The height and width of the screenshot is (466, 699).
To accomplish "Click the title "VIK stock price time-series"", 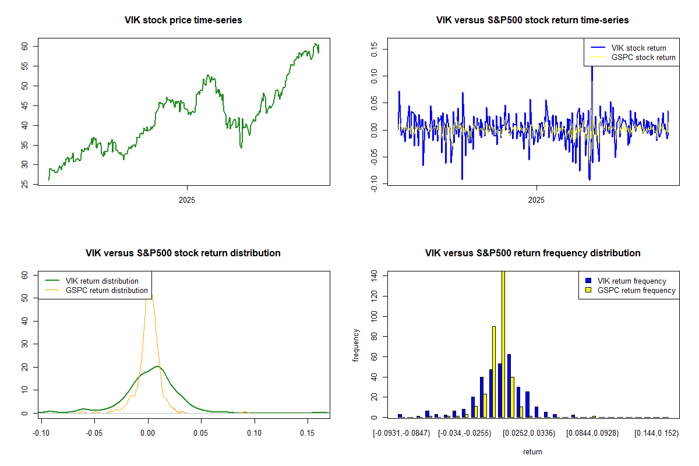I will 183,20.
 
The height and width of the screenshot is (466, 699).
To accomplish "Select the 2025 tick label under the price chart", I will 187,200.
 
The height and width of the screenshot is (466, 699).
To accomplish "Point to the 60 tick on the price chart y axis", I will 25,46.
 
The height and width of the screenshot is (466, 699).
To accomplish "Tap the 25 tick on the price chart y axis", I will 25,185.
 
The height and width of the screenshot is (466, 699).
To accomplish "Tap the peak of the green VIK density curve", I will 157,366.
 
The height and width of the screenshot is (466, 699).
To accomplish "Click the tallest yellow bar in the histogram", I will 503,344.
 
